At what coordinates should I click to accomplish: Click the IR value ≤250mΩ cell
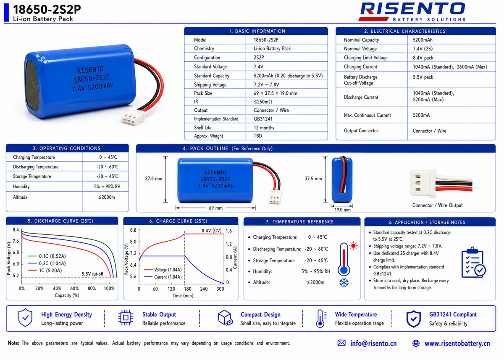tap(263, 102)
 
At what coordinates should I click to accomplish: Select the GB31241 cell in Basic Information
tap(263, 119)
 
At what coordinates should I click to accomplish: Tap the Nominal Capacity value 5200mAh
tap(423, 40)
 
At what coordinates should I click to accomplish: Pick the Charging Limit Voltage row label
tap(366, 58)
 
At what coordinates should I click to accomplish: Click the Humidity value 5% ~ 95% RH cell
tap(107, 187)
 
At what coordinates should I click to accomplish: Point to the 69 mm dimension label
tap(215, 208)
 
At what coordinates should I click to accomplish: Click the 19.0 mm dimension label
tap(342, 210)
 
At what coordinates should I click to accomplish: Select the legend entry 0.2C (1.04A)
tap(47, 263)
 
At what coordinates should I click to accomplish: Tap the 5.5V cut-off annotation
tap(92, 274)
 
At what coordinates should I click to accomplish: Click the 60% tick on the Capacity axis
tap(74, 289)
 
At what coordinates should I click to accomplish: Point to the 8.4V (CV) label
tap(212, 231)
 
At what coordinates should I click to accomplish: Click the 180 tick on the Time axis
tap(187, 289)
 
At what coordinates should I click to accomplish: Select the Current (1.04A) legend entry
tap(163, 277)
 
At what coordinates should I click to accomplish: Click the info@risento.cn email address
tap(373, 343)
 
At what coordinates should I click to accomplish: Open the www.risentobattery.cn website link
tap(457, 344)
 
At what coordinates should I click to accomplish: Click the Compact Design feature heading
tap(260, 315)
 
